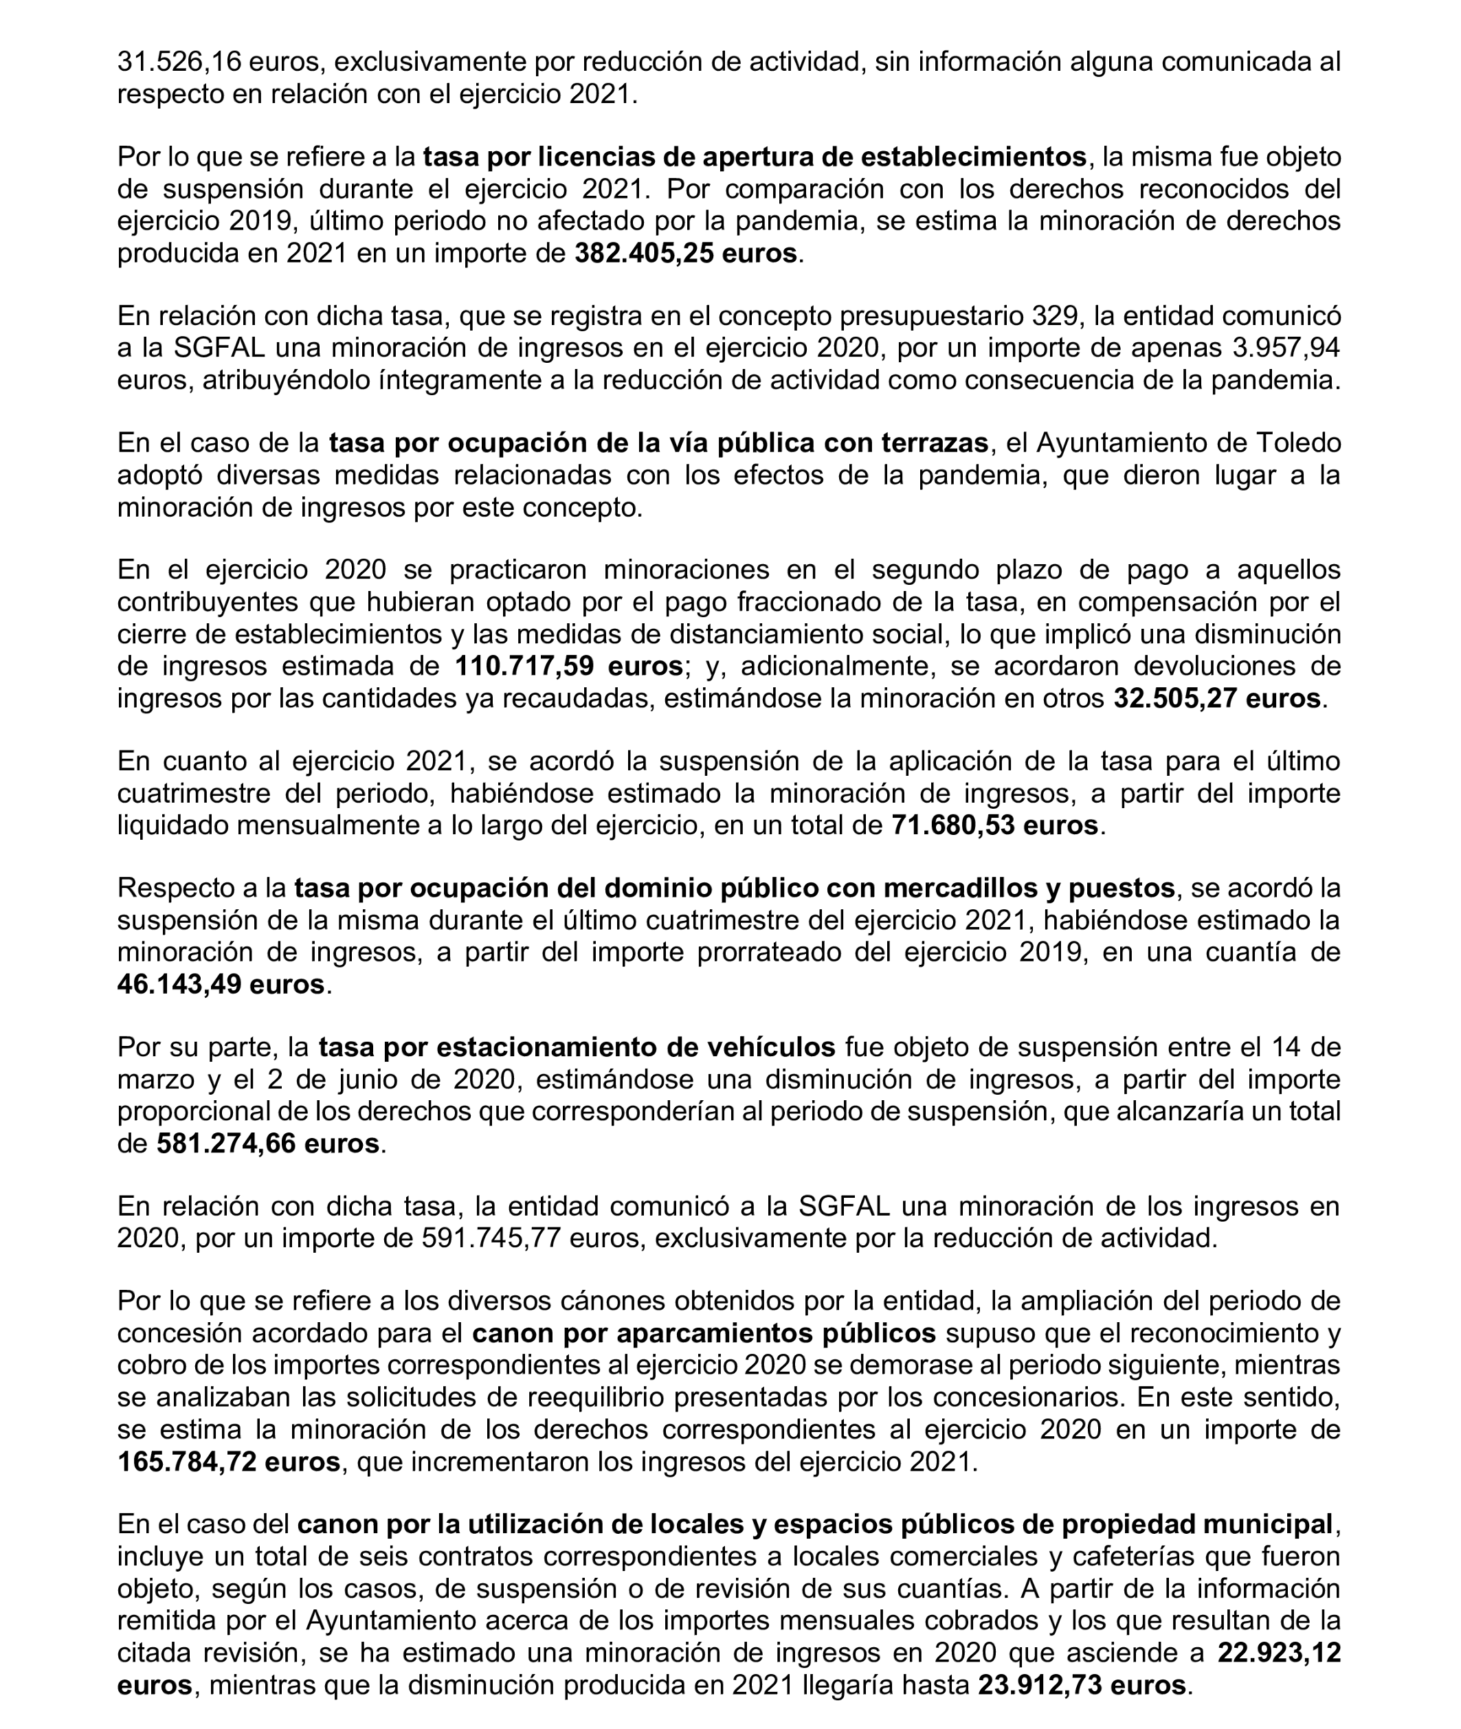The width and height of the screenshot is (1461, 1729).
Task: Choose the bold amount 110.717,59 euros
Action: click(x=568, y=667)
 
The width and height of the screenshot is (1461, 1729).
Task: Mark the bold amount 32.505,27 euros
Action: click(x=1216, y=699)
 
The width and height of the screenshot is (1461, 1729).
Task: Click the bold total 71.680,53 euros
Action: click(x=994, y=825)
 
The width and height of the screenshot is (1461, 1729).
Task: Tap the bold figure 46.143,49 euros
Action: click(x=221, y=985)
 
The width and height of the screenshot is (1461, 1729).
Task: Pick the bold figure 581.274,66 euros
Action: click(x=267, y=1144)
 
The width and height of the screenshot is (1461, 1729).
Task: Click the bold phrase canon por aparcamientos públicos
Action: click(x=704, y=1334)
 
